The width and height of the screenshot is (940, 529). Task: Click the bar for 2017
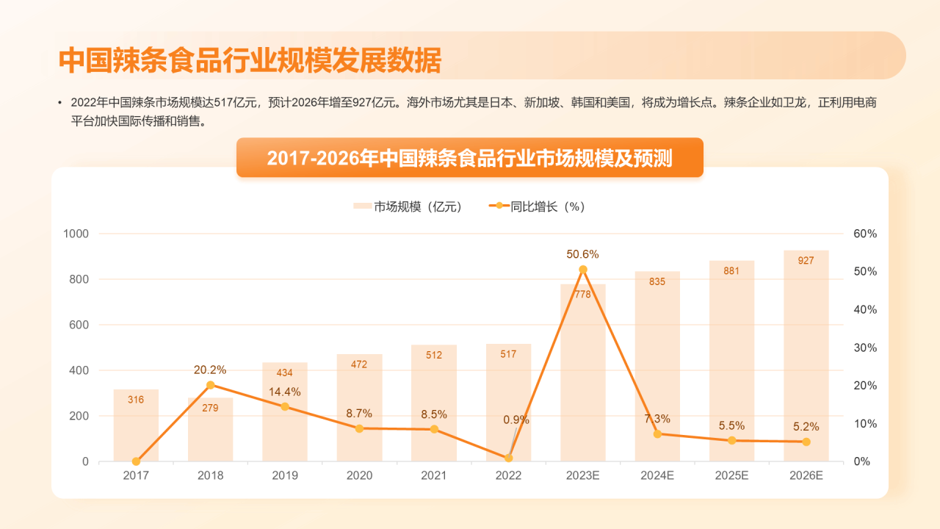point(136,426)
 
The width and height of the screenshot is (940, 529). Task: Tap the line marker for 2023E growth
point(583,270)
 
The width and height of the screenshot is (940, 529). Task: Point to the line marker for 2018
point(210,385)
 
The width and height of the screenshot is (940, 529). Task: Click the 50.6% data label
point(582,254)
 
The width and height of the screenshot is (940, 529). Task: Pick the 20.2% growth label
point(210,370)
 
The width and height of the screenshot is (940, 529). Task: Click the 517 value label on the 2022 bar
point(508,354)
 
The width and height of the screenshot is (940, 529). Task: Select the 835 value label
point(657,281)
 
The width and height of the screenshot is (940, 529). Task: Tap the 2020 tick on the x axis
point(359,475)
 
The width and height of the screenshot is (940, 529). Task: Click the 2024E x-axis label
point(657,475)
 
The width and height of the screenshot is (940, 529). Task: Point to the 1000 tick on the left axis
point(76,234)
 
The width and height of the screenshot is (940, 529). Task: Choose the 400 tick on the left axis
point(80,370)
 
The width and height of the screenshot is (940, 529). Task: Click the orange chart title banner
point(469,157)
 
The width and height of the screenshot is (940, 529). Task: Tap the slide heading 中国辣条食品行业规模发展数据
point(250,60)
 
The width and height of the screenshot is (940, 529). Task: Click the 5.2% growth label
point(806,426)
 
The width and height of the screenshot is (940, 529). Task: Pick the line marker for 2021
point(434,429)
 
